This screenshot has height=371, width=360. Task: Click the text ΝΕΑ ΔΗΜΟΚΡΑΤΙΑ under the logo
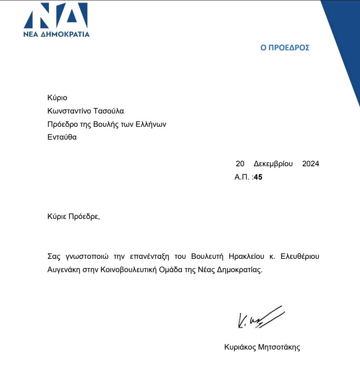56,34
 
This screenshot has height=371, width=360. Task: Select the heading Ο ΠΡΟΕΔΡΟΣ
285,48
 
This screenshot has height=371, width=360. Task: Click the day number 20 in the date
240,164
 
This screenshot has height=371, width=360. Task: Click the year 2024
311,164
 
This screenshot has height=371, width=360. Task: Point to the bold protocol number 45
258,177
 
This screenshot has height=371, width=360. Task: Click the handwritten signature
259,316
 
